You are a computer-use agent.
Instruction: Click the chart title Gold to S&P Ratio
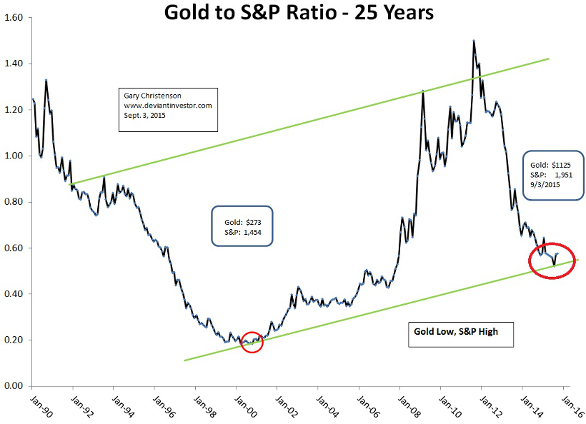click(298, 12)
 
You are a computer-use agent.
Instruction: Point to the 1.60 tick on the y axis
click(14, 18)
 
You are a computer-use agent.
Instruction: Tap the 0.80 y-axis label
click(14, 202)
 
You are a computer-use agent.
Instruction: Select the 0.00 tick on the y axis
click(14, 386)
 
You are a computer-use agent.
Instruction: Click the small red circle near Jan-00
click(252, 343)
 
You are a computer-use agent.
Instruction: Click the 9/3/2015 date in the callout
click(545, 184)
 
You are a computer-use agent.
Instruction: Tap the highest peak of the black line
click(473, 41)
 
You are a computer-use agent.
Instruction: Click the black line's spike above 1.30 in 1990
click(46, 81)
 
